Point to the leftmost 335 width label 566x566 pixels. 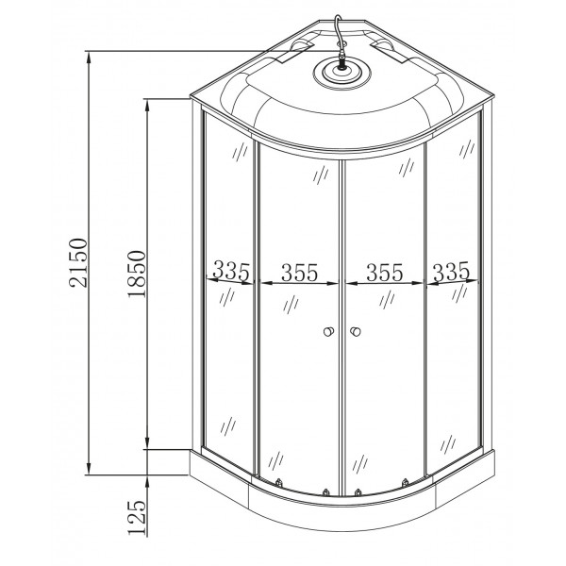230,272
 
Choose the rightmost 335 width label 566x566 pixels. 451,272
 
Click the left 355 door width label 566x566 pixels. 298,273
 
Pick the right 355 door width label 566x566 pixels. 384,273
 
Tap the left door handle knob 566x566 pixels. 327,332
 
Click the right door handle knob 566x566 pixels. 357,332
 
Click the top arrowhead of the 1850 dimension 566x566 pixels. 149,102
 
